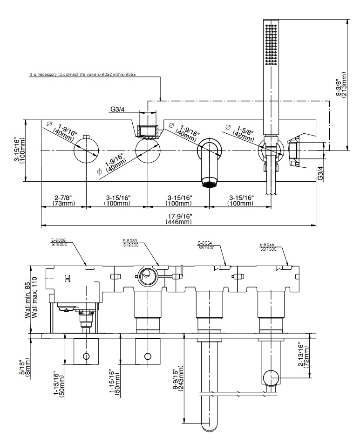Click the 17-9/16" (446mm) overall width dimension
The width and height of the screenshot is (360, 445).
(x=178, y=219)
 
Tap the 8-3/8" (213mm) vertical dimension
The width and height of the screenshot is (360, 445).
(x=341, y=84)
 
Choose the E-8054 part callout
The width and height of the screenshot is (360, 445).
(x=205, y=245)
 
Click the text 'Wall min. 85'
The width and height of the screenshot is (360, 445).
(x=28, y=301)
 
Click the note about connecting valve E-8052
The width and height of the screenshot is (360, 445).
(x=85, y=74)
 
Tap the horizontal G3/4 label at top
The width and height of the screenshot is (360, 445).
(x=118, y=110)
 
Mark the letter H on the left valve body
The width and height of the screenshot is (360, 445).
(x=67, y=279)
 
